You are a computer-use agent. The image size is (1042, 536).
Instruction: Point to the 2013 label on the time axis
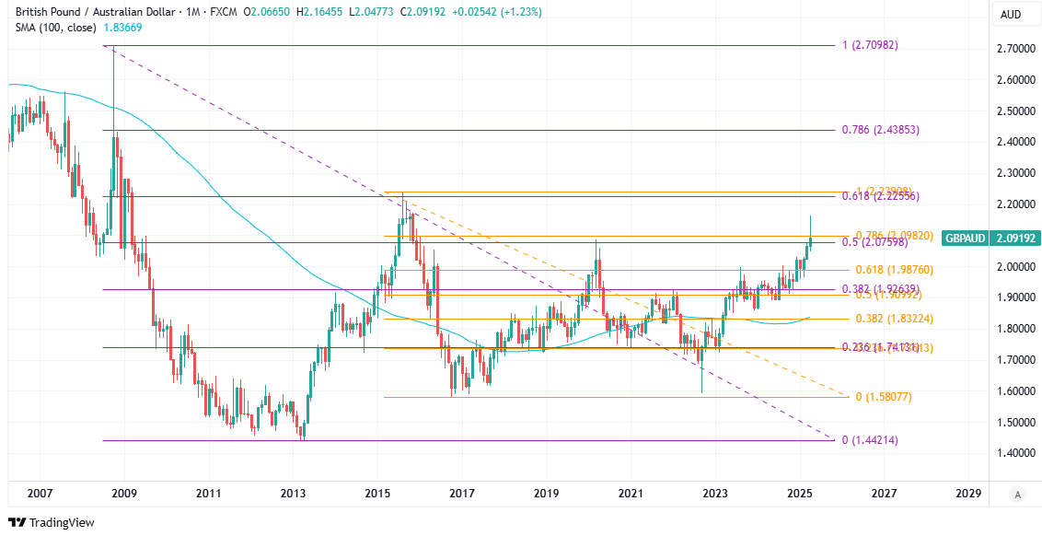click(293, 494)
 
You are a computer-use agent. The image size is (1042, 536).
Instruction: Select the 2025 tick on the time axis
click(800, 494)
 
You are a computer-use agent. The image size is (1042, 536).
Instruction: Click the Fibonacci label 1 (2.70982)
click(870, 45)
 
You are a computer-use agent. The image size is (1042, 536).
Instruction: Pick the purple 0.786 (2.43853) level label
click(880, 130)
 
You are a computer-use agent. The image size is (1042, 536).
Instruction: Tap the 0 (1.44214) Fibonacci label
click(870, 440)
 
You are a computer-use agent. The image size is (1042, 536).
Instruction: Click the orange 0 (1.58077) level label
click(883, 397)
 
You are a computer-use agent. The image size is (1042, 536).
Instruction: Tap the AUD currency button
click(1010, 14)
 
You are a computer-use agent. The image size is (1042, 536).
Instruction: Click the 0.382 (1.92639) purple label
click(880, 289)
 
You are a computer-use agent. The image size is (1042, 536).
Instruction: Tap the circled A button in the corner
click(1017, 495)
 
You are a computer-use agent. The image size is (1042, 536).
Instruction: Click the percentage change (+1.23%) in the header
click(521, 12)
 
